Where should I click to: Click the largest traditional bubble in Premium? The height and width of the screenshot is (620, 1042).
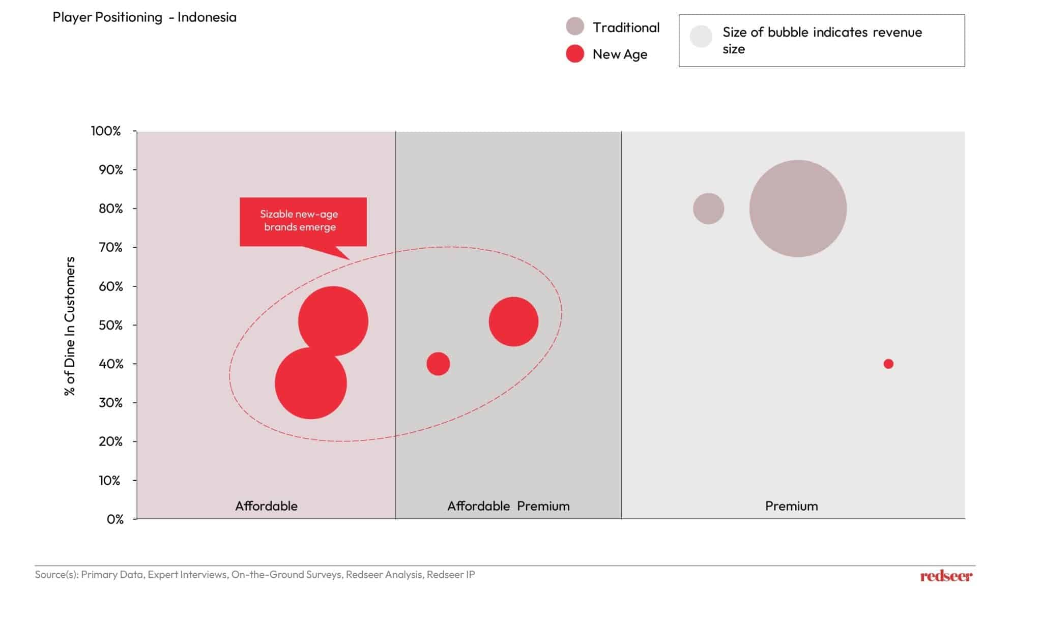click(x=798, y=209)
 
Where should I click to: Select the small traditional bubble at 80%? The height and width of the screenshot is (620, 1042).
click(x=708, y=209)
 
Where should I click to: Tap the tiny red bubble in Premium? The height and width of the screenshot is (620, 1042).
click(x=888, y=364)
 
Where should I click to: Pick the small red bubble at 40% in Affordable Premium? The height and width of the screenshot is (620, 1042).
click(x=438, y=364)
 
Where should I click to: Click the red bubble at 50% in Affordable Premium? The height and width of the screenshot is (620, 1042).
click(x=513, y=321)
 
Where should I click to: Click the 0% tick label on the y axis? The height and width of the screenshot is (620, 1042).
click(x=115, y=519)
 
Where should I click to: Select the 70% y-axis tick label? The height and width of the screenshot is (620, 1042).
click(x=111, y=248)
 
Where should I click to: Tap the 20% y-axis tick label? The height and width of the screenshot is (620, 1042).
click(x=111, y=441)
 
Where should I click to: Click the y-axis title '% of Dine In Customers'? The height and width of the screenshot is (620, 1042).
click(x=70, y=326)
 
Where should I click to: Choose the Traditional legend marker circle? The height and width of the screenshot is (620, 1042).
click(x=575, y=26)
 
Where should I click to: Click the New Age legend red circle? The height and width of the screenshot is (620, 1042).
click(x=575, y=54)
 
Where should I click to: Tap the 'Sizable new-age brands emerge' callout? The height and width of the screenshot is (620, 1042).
click(x=303, y=221)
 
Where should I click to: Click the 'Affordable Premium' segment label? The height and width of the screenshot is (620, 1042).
click(x=508, y=506)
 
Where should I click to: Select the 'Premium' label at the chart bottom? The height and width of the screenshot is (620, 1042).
click(x=791, y=506)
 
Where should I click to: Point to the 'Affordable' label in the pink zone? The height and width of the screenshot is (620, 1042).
click(x=266, y=506)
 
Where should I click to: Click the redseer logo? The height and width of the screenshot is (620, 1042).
click(x=946, y=576)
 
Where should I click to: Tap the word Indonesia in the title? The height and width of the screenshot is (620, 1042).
click(x=207, y=17)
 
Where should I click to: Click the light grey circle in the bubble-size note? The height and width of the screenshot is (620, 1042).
click(x=701, y=37)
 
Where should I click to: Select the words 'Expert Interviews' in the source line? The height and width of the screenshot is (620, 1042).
click(x=187, y=575)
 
